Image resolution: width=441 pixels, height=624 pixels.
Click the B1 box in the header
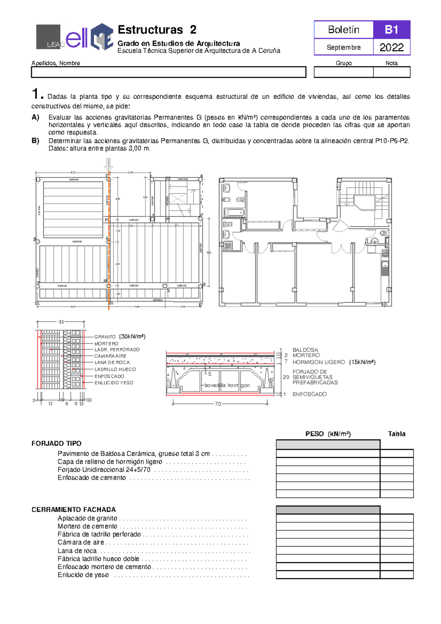pyautogui.click(x=391, y=30)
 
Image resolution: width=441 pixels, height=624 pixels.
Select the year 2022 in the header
pyautogui.click(x=391, y=47)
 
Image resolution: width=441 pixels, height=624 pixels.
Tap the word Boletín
pyautogui.click(x=344, y=30)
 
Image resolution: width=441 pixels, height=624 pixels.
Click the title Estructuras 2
pyautogui.click(x=157, y=30)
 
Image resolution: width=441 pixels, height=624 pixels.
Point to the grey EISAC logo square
pyautogui.click(x=48, y=37)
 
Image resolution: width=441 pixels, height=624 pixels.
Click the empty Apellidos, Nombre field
pyautogui.click(x=168, y=72)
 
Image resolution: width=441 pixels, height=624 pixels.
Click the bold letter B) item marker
pyautogui.click(x=35, y=141)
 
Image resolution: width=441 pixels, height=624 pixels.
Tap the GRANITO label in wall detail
pyautogui.click(x=105, y=337)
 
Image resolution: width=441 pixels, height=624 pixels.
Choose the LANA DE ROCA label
pyautogui.click(x=112, y=362)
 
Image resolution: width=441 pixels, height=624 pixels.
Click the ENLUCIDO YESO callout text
pyautogui.click(x=114, y=383)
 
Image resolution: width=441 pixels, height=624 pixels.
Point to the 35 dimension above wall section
pyautogui.click(x=61, y=322)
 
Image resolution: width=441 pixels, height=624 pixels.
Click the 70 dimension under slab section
pyautogui.click(x=218, y=404)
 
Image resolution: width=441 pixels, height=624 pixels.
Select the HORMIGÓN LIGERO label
pyautogui.click(x=319, y=362)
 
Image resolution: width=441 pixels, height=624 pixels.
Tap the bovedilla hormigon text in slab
pyautogui.click(x=227, y=385)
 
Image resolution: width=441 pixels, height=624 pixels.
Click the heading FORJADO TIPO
pyautogui.click(x=56, y=444)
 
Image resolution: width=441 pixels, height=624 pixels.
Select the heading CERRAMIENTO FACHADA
pyautogui.click(x=73, y=510)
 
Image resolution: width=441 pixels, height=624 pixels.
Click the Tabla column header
pyautogui.click(x=397, y=434)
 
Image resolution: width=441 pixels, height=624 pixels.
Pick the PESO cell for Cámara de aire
pyautogui.click(x=328, y=542)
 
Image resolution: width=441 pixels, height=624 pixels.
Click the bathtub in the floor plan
pyautogui.click(x=234, y=212)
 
